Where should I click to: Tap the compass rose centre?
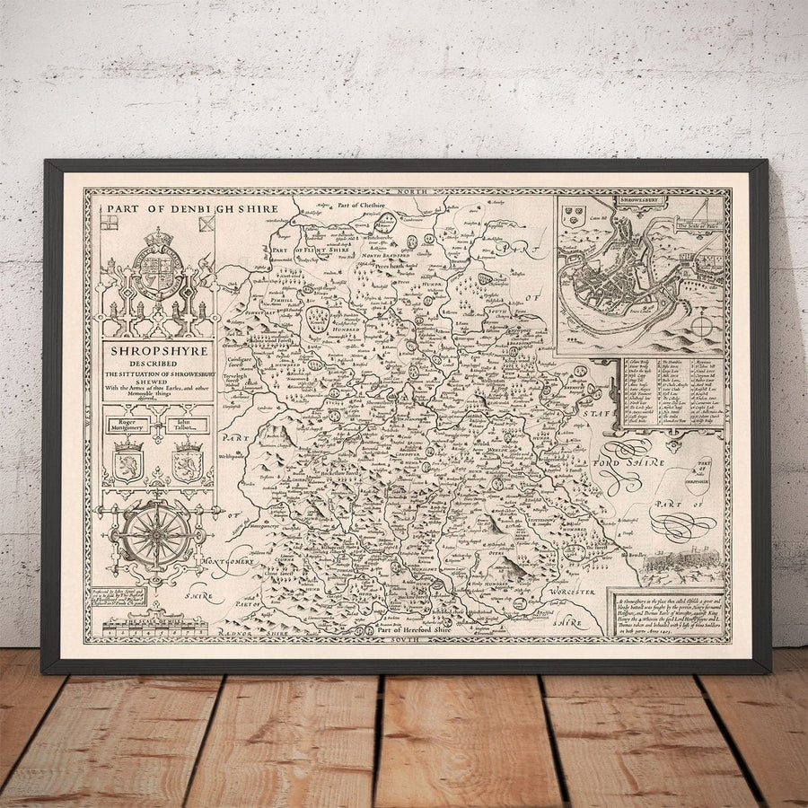(x=156, y=533)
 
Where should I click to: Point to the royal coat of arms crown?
(x=158, y=236)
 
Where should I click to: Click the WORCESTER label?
(x=568, y=593)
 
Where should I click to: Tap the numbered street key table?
(x=673, y=391)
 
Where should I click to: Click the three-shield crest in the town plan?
(x=572, y=215)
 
